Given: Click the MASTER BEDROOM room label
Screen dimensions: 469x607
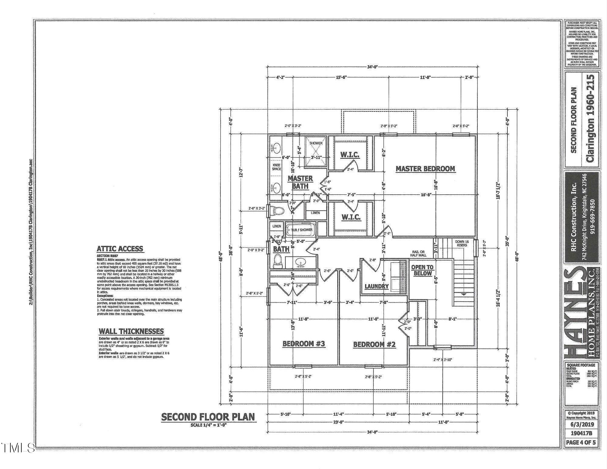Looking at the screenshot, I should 425,169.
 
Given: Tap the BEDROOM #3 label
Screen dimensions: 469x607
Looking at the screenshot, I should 303,344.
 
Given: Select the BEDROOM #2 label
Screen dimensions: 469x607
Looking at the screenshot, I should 374,344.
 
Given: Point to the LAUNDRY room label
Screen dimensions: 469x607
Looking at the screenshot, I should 376,286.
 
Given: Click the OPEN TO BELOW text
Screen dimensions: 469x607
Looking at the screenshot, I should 422,270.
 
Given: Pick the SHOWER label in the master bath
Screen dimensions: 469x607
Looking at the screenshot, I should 316,143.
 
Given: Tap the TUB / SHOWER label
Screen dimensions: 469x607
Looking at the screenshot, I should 302,230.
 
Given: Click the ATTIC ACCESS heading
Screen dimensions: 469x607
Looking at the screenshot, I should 120,249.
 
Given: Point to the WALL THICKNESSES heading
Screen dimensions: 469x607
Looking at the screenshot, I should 131,331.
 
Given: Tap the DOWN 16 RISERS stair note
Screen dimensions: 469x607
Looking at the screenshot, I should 462,243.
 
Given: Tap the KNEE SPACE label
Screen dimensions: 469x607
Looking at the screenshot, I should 276,167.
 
